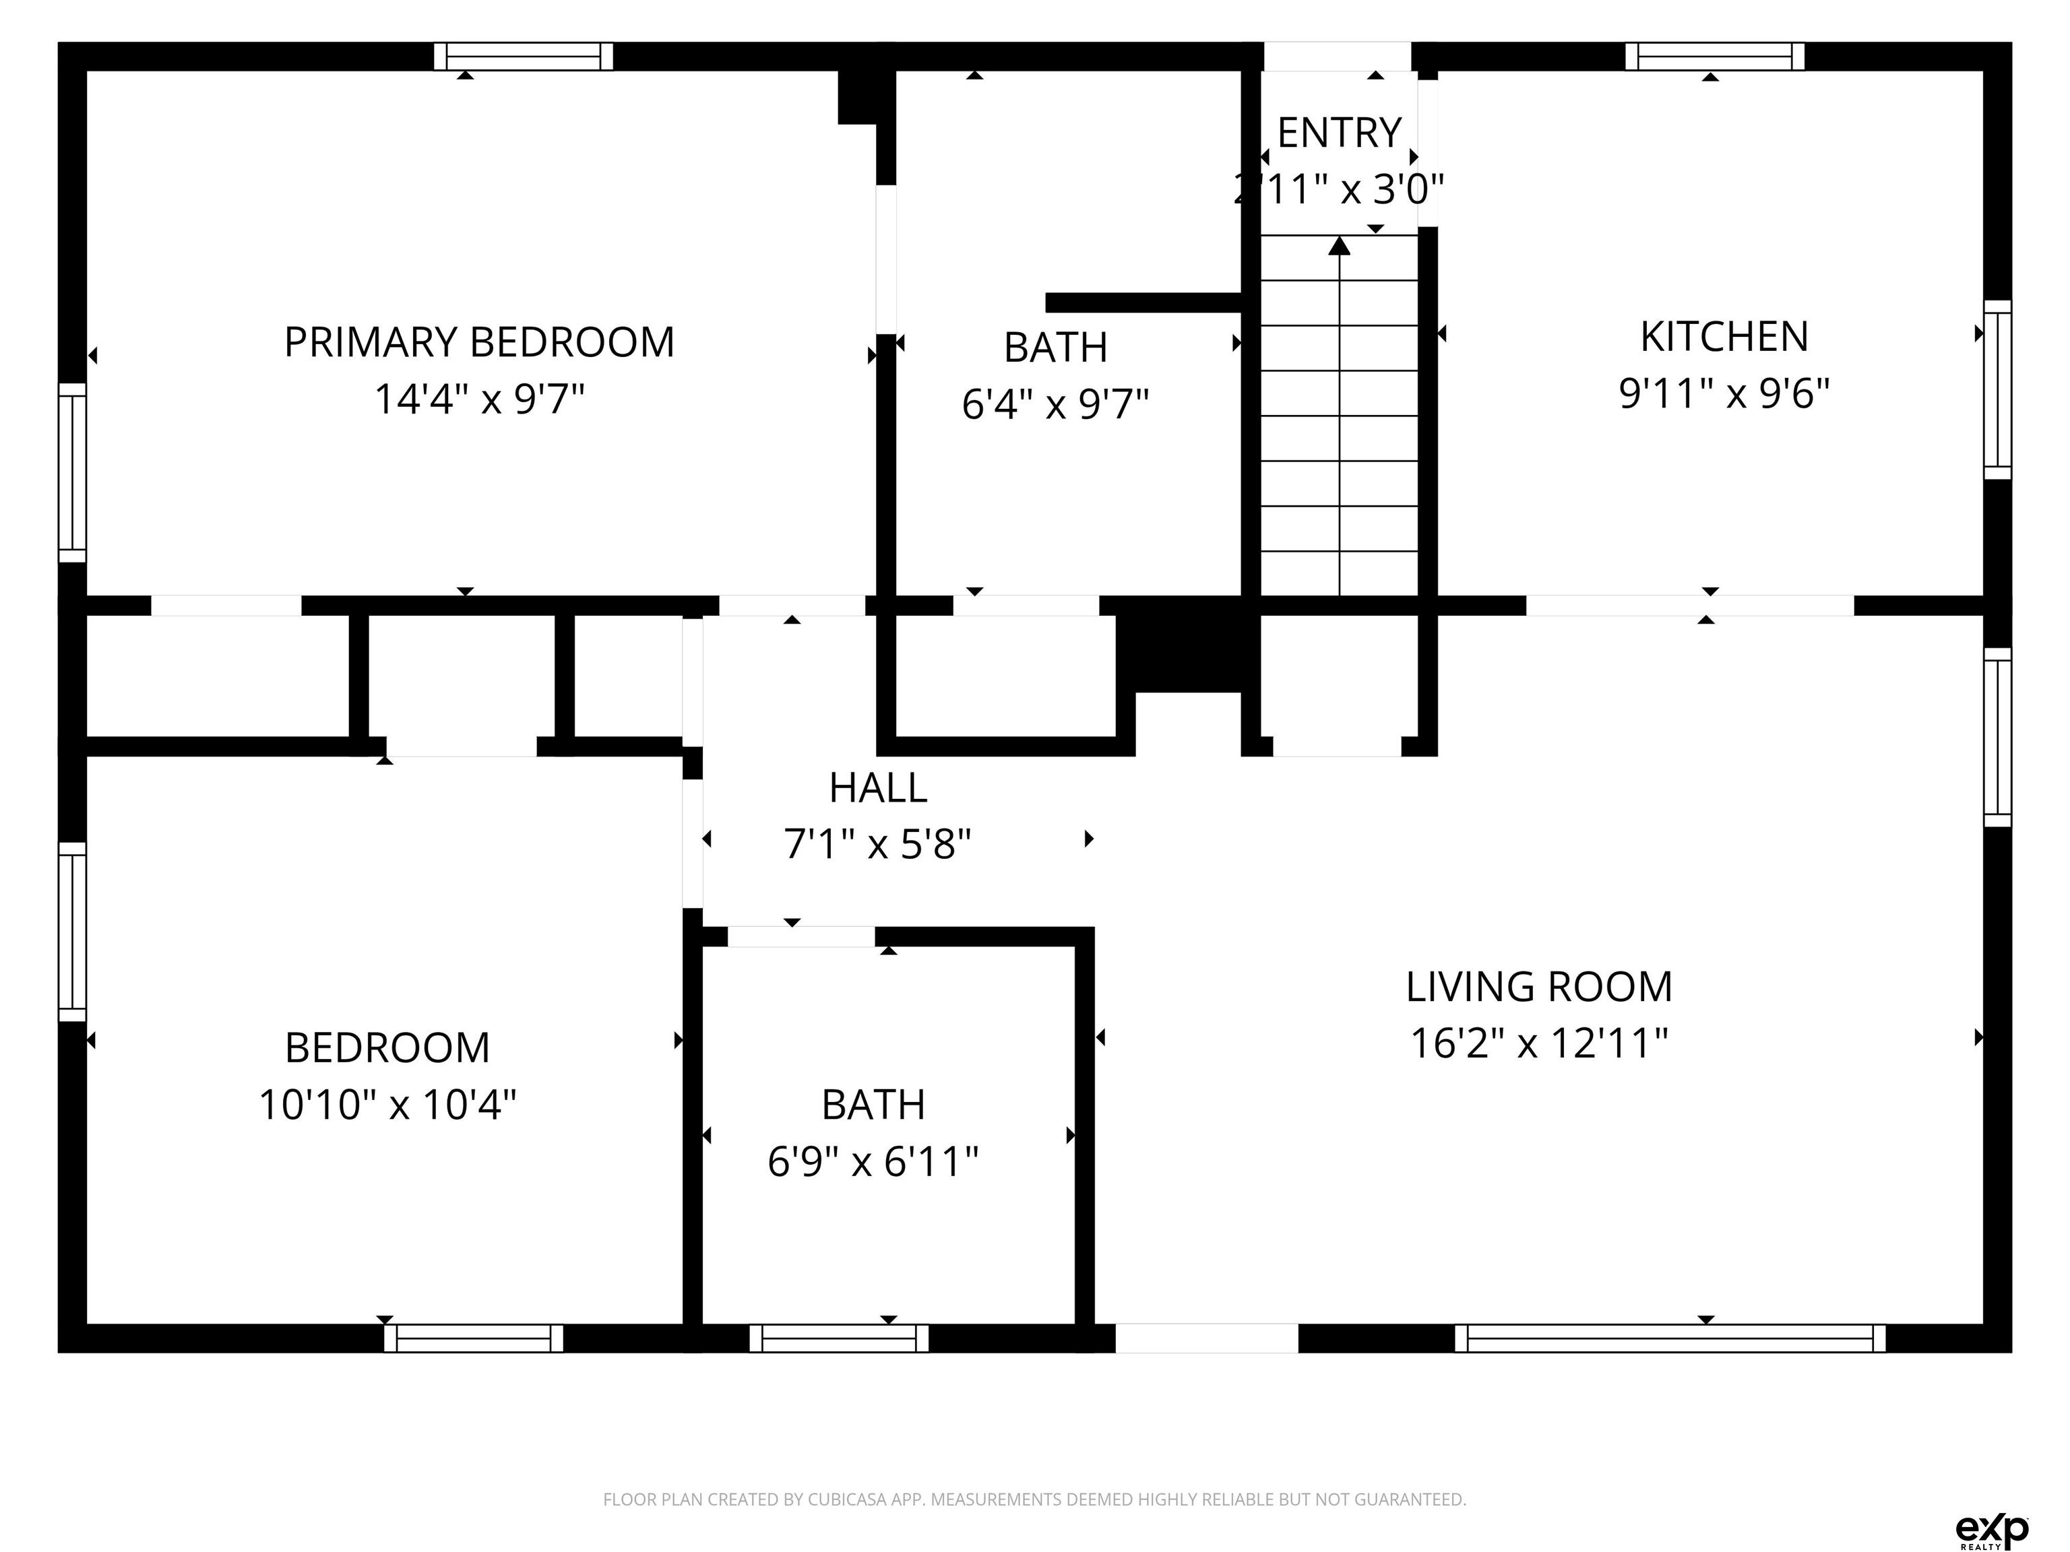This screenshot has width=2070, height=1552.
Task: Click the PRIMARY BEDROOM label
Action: pos(479,342)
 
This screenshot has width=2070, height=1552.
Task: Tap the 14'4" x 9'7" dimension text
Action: pos(479,399)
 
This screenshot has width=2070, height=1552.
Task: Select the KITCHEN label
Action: pos(1724,337)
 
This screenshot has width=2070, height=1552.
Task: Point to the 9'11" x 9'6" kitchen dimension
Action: pos(1724,394)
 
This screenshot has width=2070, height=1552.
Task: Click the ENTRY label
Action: pos(1339,133)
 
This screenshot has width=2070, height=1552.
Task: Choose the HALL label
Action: pos(878,787)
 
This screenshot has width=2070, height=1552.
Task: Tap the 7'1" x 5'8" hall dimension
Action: pos(878,845)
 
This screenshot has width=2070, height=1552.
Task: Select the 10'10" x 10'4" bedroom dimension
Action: pos(387,1105)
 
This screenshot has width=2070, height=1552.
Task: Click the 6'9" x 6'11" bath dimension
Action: pos(873,1163)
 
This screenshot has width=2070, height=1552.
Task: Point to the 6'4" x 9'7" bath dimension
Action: pos(1056,405)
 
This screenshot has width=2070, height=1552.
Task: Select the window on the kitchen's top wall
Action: pos(1714,56)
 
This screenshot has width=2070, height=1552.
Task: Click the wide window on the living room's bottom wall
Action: pos(1670,1338)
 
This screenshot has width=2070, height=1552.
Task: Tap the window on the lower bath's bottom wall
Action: pos(838,1338)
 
